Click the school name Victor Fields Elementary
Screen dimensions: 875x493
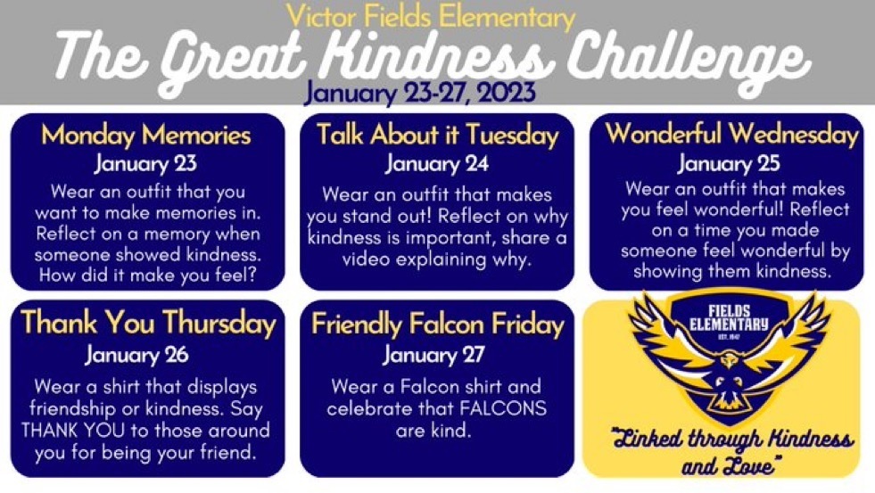(x=430, y=16)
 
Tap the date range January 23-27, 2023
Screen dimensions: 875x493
(x=420, y=92)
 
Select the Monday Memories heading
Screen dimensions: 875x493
(x=146, y=136)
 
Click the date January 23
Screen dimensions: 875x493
(x=145, y=163)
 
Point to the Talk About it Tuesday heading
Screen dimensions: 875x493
(x=437, y=136)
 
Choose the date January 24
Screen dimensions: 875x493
(x=437, y=163)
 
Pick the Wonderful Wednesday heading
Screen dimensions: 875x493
(x=731, y=135)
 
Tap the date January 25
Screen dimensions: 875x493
(x=728, y=163)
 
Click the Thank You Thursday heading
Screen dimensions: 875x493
(x=148, y=324)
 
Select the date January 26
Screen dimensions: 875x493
(x=136, y=355)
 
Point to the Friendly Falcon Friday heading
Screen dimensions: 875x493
(x=437, y=324)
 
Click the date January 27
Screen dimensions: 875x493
(x=433, y=355)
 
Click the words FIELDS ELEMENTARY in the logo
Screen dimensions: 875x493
(x=729, y=318)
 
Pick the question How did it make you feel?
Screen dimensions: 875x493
(x=147, y=275)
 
